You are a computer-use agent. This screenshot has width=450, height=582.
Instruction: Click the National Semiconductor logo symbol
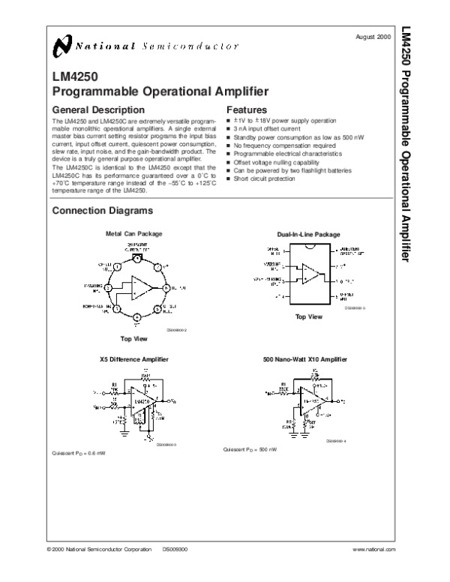click(x=63, y=48)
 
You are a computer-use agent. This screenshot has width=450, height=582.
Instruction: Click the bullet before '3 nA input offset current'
click(x=229, y=129)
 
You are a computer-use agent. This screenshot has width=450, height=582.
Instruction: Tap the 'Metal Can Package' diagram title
click(x=133, y=234)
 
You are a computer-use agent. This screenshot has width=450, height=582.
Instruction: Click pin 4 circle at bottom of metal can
click(x=136, y=316)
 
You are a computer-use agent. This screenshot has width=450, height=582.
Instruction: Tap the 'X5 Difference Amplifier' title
click(x=134, y=359)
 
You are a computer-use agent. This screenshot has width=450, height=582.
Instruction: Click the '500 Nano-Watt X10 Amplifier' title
click(x=307, y=359)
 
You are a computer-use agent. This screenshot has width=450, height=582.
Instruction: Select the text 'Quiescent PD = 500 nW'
click(x=251, y=449)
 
